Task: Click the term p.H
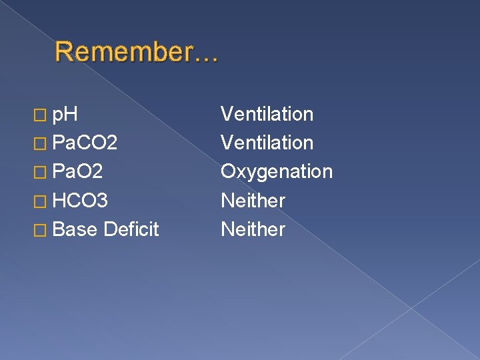[x=66, y=115]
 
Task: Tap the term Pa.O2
[x=77, y=172]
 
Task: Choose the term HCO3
[x=80, y=201]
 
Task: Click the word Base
[x=75, y=230]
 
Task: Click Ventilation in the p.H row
[x=267, y=114]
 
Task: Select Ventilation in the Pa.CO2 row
[x=267, y=143]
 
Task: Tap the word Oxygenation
[x=276, y=172]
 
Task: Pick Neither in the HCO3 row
[x=253, y=201]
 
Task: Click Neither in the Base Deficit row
[x=253, y=229]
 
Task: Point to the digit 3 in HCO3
[x=103, y=201]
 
